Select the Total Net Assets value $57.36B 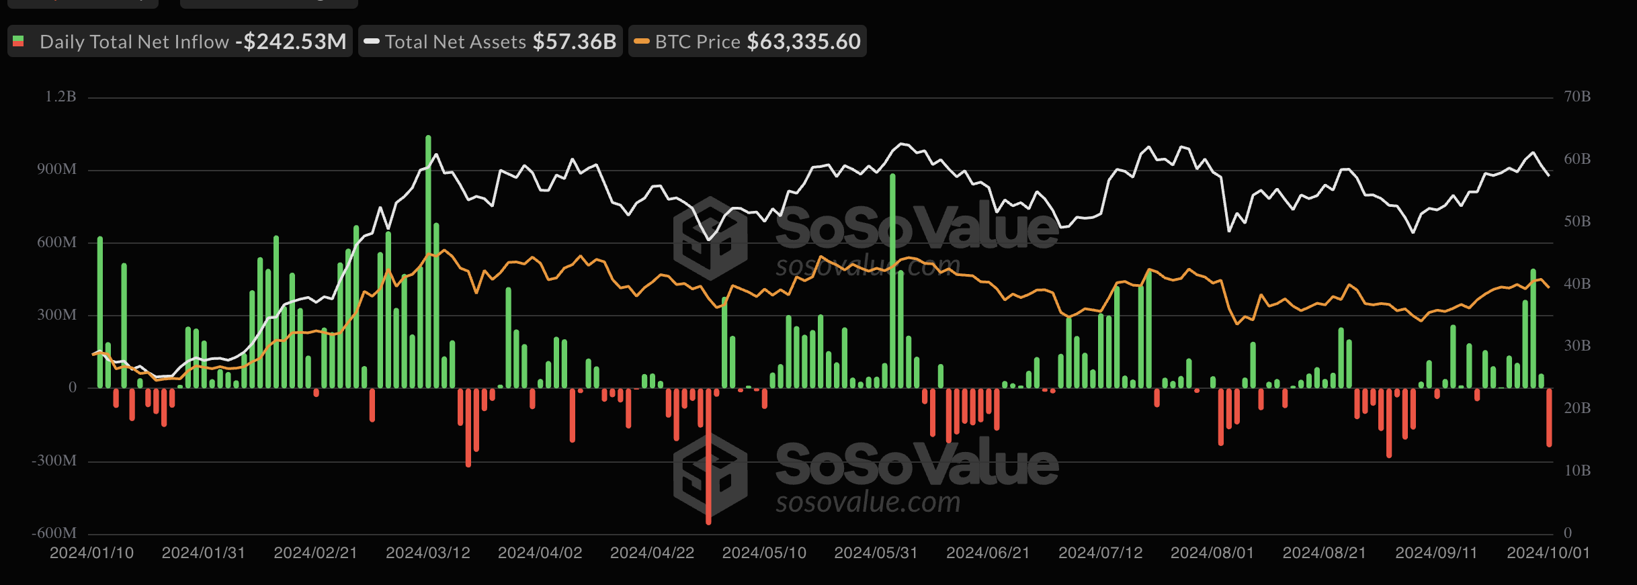pyautogui.click(x=575, y=42)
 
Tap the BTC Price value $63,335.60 pyautogui.click(x=804, y=42)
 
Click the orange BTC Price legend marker pyautogui.click(x=642, y=42)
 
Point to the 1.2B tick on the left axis pyautogui.click(x=60, y=97)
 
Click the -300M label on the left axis pyautogui.click(x=54, y=461)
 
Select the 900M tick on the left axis pyautogui.click(x=56, y=169)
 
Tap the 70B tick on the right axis pyautogui.click(x=1577, y=97)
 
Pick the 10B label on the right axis pyautogui.click(x=1577, y=470)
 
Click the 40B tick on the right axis pyautogui.click(x=1577, y=283)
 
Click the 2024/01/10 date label pyautogui.click(x=91, y=553)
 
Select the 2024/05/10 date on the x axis pyautogui.click(x=764, y=553)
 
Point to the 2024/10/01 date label pyautogui.click(x=1548, y=553)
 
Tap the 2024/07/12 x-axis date pyautogui.click(x=1100, y=553)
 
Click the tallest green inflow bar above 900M pyautogui.click(x=428, y=262)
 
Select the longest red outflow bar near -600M pyautogui.click(x=708, y=457)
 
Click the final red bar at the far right pyautogui.click(x=1549, y=417)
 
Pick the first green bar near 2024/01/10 pyautogui.click(x=100, y=312)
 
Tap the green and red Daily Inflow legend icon pyautogui.click(x=19, y=42)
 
